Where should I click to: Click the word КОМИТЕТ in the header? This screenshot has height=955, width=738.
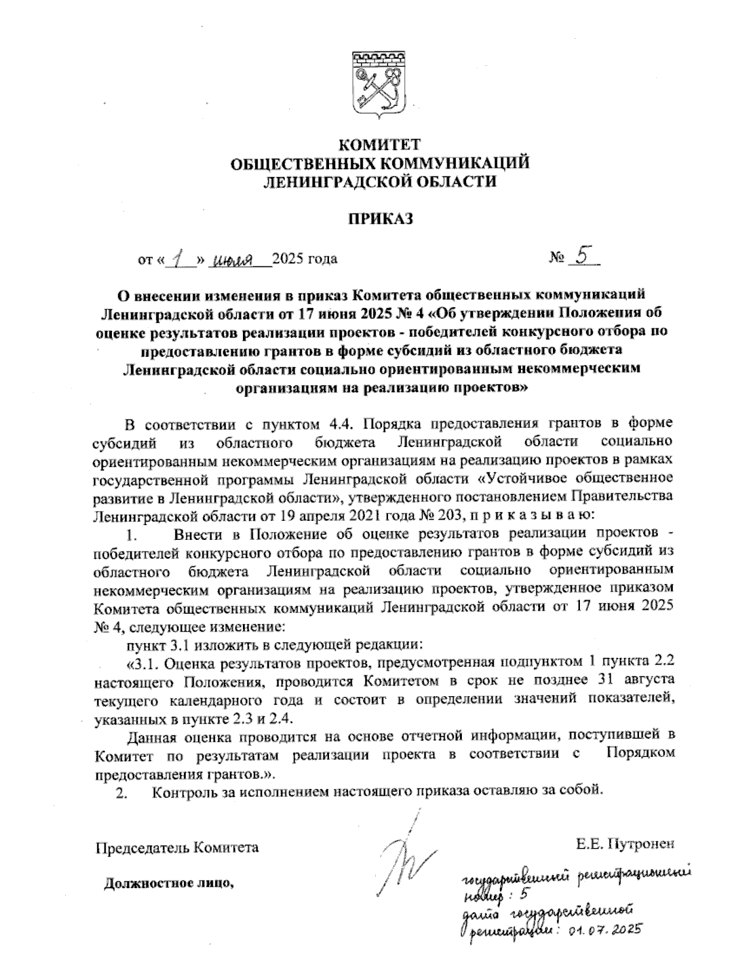point(379,146)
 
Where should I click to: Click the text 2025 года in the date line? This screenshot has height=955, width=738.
point(304,259)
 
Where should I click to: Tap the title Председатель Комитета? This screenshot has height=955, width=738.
point(177,847)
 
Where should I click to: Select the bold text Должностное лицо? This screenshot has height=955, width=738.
point(170,884)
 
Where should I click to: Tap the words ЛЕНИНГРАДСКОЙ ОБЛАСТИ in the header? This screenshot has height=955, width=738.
point(379,181)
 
